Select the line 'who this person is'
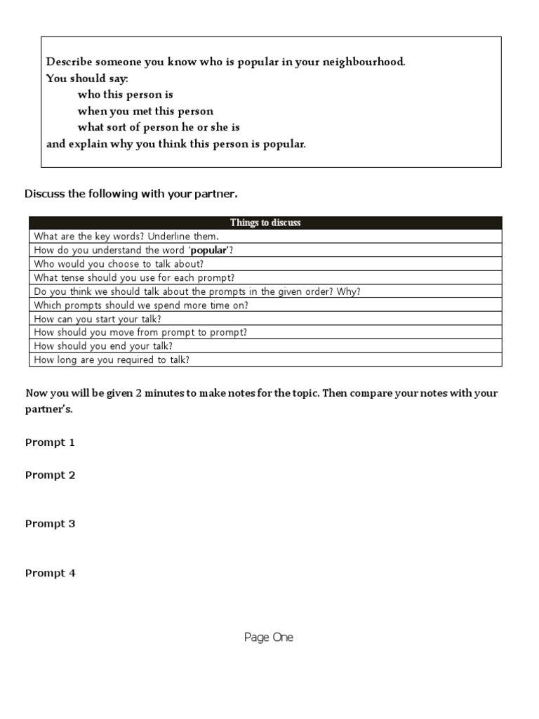(125, 94)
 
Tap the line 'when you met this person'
(145, 111)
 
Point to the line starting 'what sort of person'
(159, 128)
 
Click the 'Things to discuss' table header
(265, 223)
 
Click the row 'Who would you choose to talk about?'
(119, 264)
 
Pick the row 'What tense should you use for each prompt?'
(134, 277)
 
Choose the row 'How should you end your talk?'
(103, 346)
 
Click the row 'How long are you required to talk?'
(112, 360)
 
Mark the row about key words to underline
(126, 237)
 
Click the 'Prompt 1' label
(50, 442)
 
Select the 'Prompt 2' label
(50, 475)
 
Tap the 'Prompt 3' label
(50, 524)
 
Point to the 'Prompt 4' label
(50, 573)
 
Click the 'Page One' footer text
(269, 638)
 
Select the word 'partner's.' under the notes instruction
(48, 409)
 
